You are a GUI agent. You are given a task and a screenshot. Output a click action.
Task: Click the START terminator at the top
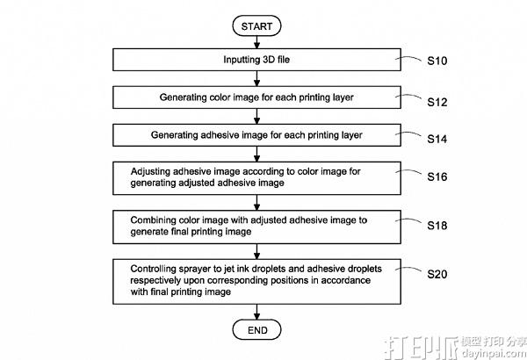click(256, 26)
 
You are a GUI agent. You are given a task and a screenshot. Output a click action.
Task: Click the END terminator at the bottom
click(256, 329)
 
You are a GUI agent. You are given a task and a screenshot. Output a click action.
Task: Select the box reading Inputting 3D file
click(256, 60)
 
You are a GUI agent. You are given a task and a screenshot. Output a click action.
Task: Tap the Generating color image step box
click(256, 97)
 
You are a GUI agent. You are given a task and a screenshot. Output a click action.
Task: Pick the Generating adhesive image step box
click(256, 135)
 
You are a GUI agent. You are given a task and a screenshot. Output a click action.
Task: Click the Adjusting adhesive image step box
click(256, 178)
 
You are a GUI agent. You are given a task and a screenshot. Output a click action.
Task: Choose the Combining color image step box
click(256, 227)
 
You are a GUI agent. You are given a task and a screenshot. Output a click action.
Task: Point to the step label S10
click(437, 63)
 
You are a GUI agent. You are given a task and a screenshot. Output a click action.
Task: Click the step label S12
click(437, 102)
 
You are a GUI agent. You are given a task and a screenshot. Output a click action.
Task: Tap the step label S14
click(437, 139)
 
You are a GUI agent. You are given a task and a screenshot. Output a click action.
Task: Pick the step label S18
click(437, 226)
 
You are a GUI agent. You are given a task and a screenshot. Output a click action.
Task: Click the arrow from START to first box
click(256, 43)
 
